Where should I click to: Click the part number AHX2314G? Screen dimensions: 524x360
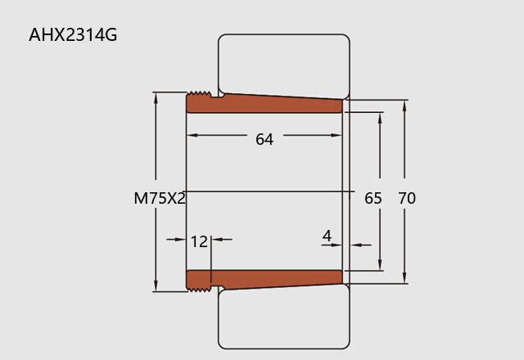coord(73,34)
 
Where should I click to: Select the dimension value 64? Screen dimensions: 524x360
coord(264,139)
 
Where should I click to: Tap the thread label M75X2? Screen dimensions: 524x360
coord(160,198)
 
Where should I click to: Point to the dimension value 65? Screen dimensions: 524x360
coord(373,198)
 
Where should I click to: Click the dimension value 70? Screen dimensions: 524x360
coord(407,198)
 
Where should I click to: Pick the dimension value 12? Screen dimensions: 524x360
coord(199,241)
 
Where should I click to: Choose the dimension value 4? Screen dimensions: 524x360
coord(327,236)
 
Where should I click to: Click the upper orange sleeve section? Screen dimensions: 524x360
coord(264,103)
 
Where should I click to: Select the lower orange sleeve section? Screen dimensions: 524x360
coord(264,280)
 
